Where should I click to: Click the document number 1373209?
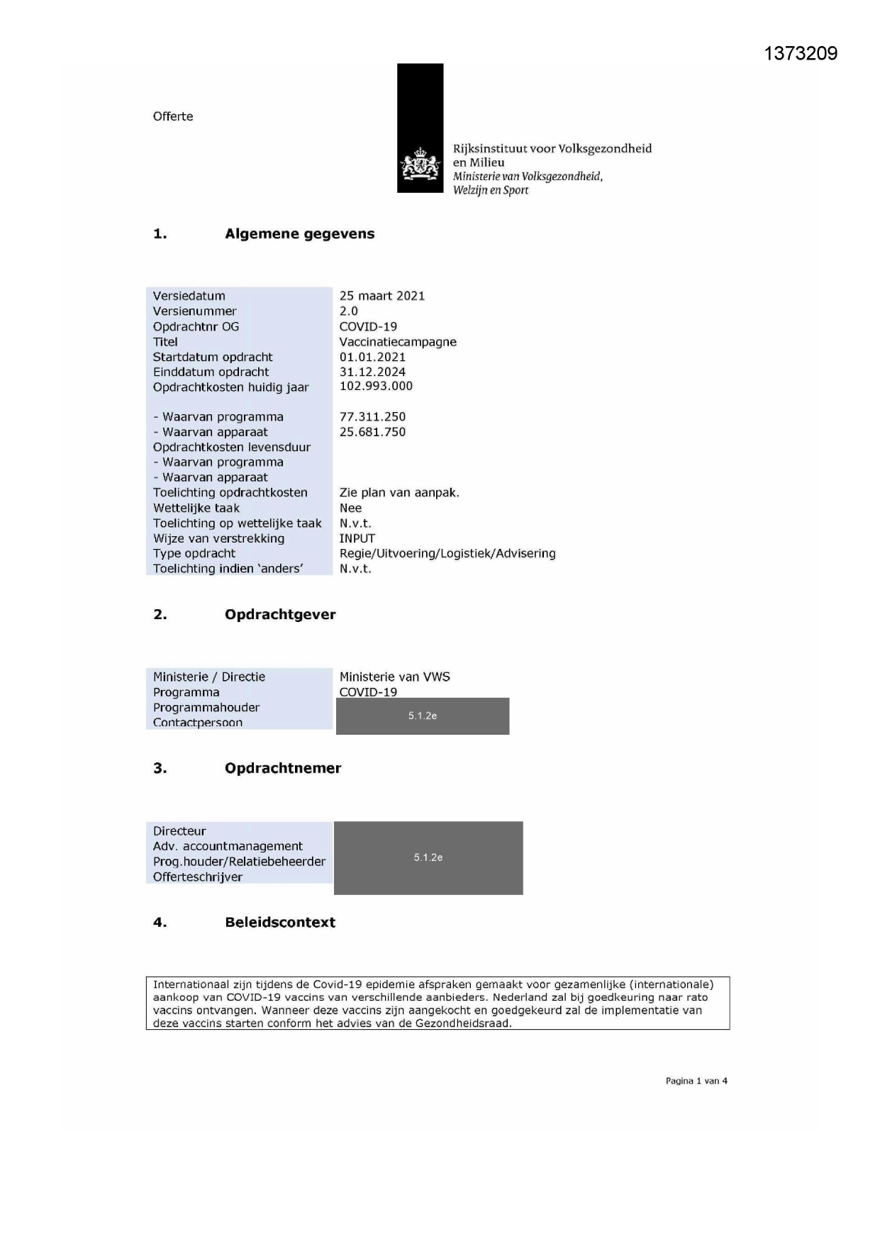pyautogui.click(x=801, y=54)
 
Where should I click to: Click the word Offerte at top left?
pyautogui.click(x=172, y=116)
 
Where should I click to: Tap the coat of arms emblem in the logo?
pyautogui.click(x=420, y=165)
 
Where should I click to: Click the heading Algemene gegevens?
pyautogui.click(x=299, y=234)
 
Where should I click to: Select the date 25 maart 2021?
pyautogui.click(x=381, y=296)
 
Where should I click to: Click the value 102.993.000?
pyautogui.click(x=375, y=386)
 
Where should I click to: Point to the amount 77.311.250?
pyautogui.click(x=372, y=417)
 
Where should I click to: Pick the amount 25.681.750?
pyautogui.click(x=372, y=432)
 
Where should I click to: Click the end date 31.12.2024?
pyautogui.click(x=372, y=372)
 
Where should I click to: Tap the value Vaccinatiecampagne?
pyautogui.click(x=397, y=342)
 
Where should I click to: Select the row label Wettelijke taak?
pyautogui.click(x=196, y=508)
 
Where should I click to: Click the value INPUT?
pyautogui.click(x=357, y=538)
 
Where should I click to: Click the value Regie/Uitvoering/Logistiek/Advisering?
pyautogui.click(x=447, y=553)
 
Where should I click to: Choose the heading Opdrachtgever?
pyautogui.click(x=280, y=615)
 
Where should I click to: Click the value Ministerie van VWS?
pyautogui.click(x=394, y=677)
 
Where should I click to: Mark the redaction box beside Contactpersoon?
pyautogui.click(x=423, y=716)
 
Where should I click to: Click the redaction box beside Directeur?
pyautogui.click(x=428, y=857)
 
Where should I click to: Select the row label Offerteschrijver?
pyautogui.click(x=197, y=877)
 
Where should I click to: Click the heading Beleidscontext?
pyautogui.click(x=280, y=923)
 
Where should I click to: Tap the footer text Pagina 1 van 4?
pyautogui.click(x=696, y=1081)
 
